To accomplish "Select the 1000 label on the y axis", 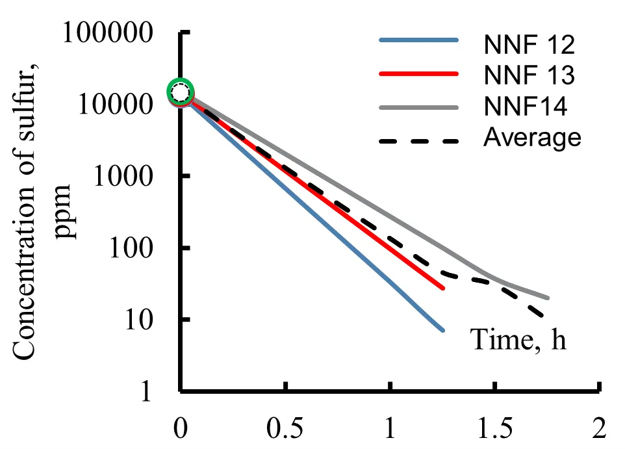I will [x=134, y=177].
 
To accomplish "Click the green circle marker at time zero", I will [x=181, y=92].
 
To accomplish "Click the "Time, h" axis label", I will [x=518, y=340].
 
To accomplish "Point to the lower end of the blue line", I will [x=442, y=330].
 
